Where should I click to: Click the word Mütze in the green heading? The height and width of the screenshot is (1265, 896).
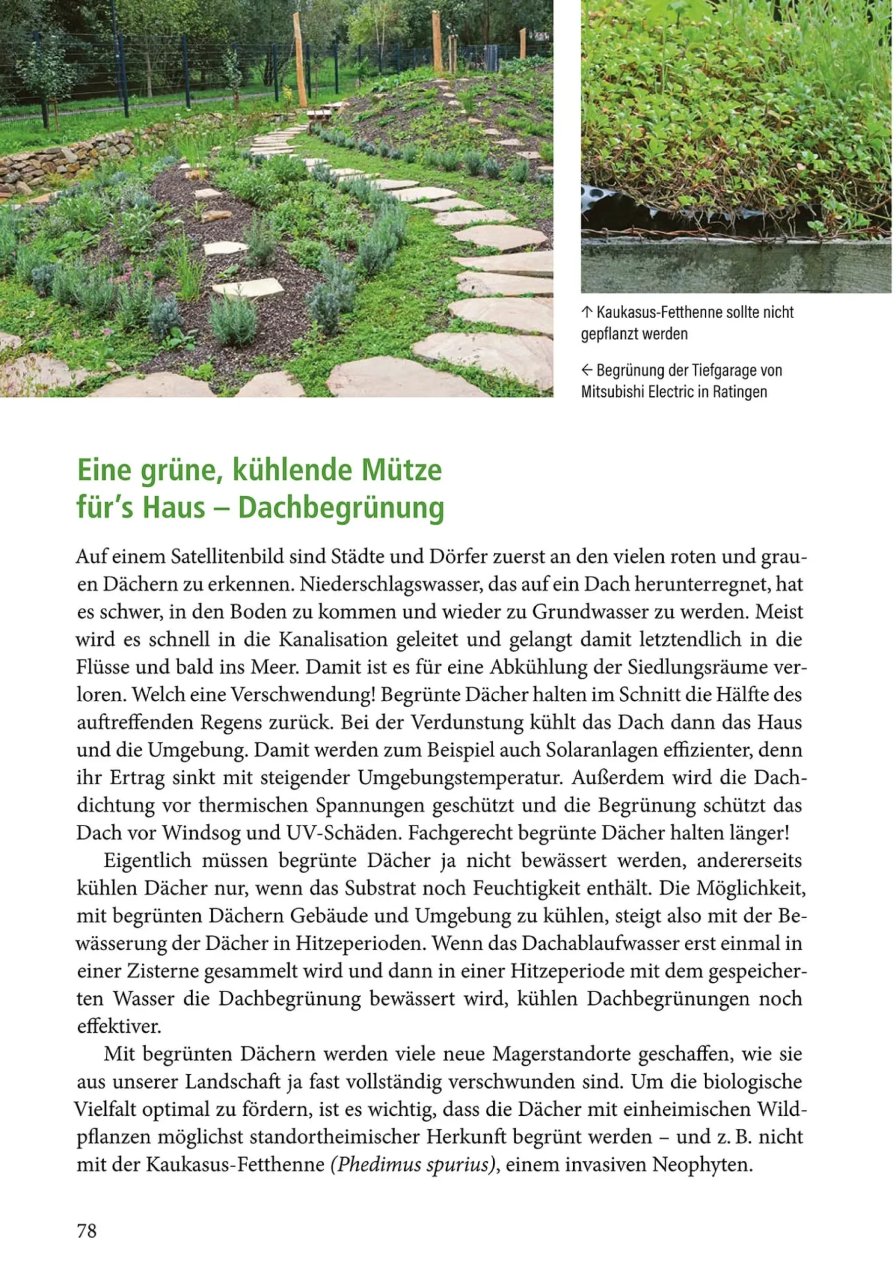coord(401,470)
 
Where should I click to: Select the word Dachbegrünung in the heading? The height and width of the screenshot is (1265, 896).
coord(341,507)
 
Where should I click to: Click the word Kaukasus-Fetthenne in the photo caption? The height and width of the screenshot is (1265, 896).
coord(649,312)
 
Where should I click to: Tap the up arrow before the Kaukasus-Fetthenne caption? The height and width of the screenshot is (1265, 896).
coord(586,312)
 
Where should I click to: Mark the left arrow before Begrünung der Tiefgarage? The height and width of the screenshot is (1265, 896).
coord(587,370)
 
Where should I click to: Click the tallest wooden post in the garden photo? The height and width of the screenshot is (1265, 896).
coord(299,61)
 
